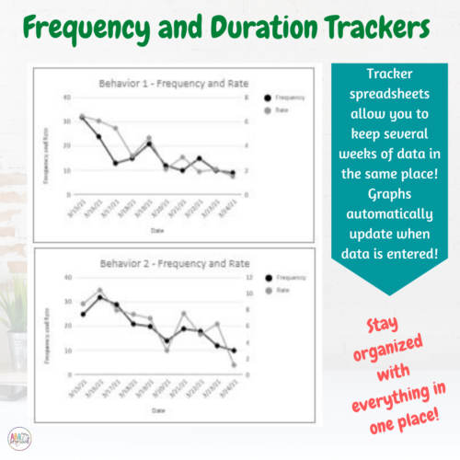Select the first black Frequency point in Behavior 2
coord(84,315)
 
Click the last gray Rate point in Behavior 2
coord(234,365)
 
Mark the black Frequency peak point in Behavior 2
coord(100,297)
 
